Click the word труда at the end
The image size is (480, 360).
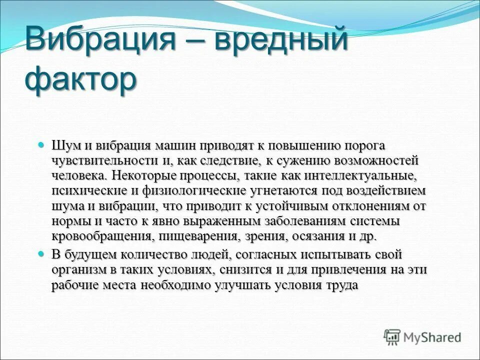click(x=343, y=284)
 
